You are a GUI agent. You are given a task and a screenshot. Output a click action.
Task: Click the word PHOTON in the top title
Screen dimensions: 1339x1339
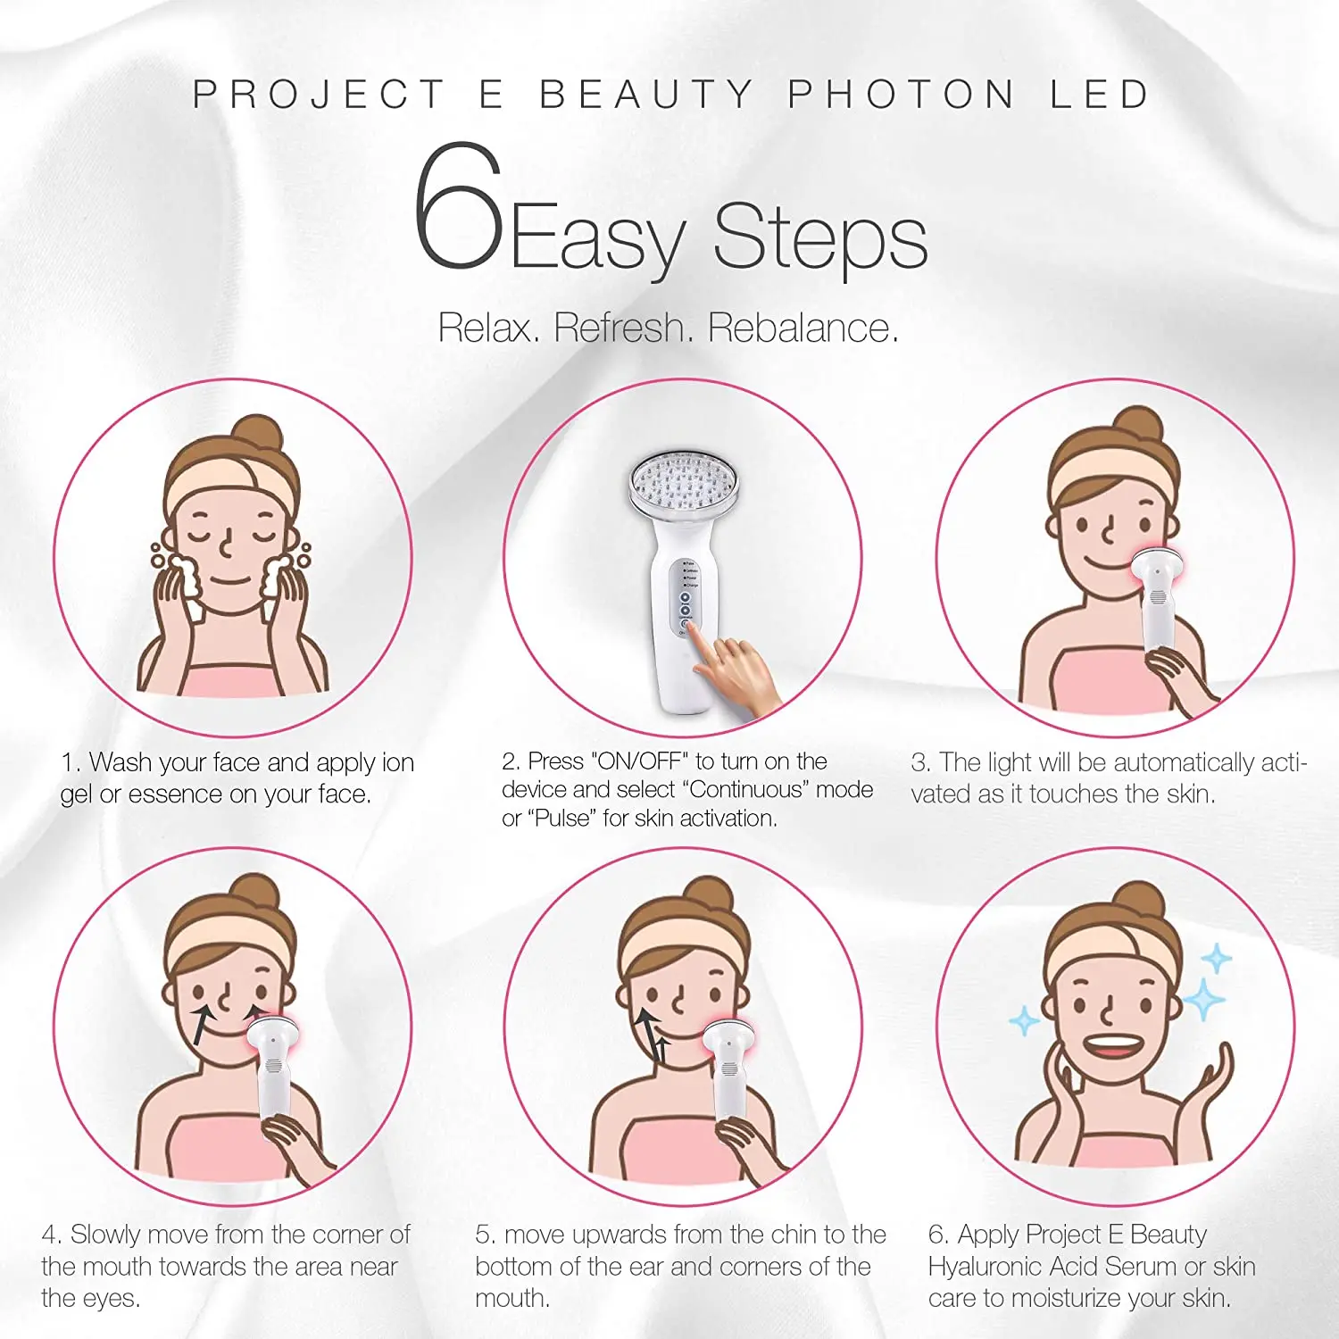pos(901,95)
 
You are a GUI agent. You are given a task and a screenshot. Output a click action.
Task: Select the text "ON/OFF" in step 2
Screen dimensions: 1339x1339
pos(640,761)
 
